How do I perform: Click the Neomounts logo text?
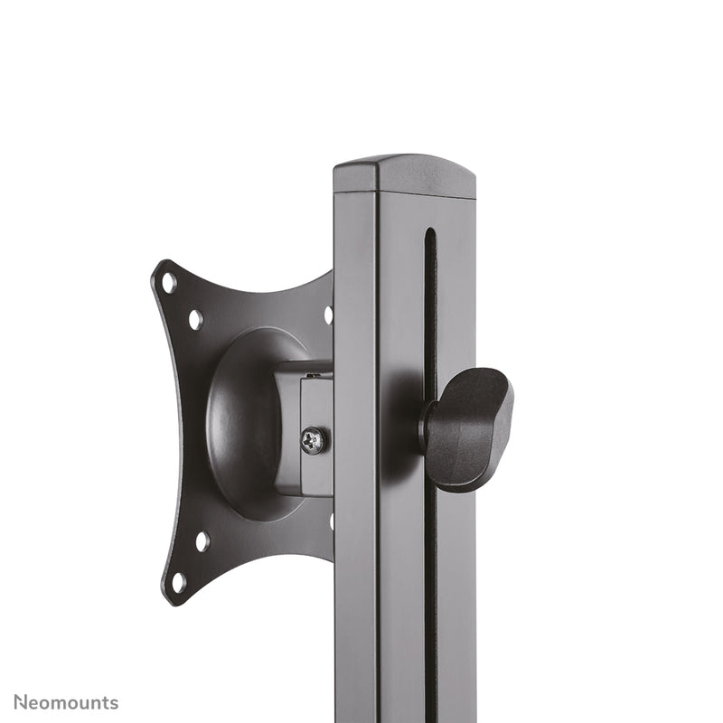pyautogui.click(x=65, y=702)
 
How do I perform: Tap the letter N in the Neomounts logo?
pyautogui.click(x=20, y=702)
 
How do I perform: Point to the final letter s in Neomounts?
pyautogui.click(x=113, y=703)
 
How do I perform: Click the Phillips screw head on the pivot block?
pyautogui.click(x=314, y=441)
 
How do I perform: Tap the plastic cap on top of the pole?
pyautogui.click(x=404, y=174)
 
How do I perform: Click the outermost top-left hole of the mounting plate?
pyautogui.click(x=168, y=282)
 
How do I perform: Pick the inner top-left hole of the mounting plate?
pyautogui.click(x=195, y=319)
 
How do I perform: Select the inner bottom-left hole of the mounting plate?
pyautogui.click(x=202, y=541)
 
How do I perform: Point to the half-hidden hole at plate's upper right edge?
pyautogui.click(x=328, y=315)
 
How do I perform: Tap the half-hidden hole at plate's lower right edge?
pyautogui.click(x=331, y=521)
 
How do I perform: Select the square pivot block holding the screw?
pyautogui.click(x=305, y=428)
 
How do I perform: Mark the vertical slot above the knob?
pyautogui.click(x=430, y=298)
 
